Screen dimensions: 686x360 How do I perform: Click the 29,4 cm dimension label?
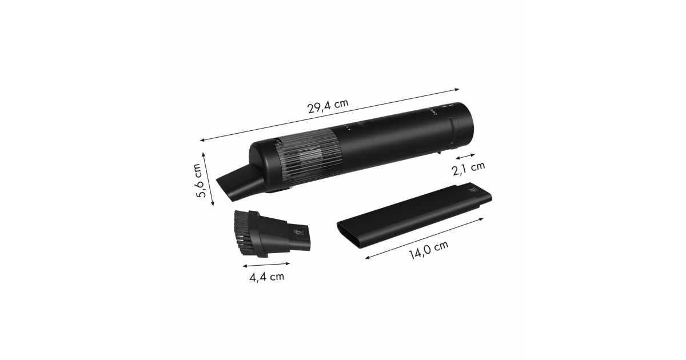click(x=328, y=106)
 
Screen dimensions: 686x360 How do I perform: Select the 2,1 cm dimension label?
click(x=468, y=168)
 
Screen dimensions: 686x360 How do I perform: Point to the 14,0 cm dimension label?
click(x=428, y=250)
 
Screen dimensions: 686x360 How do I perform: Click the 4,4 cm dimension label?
click(x=267, y=277)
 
